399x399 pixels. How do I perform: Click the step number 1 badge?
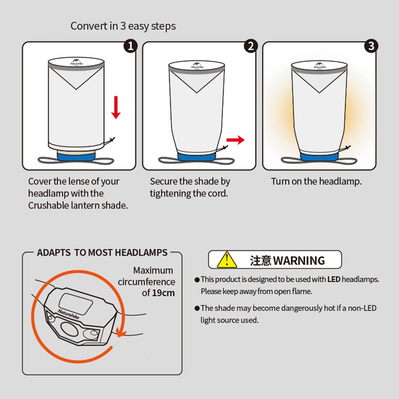pos(130,46)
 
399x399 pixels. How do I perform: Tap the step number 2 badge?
pos(251,46)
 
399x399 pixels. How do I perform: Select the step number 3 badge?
pos(371,46)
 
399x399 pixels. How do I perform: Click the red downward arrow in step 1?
pos(116,107)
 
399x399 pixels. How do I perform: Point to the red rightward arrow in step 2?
pos(235,140)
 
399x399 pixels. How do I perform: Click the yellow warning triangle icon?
pos(227,260)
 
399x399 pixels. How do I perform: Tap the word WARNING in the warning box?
pos(299,261)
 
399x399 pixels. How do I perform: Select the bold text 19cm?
pos(163,293)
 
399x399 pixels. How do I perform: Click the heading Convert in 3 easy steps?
pos(123,26)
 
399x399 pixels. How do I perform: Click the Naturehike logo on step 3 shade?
pos(320,66)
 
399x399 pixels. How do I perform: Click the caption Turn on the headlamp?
pos(316,182)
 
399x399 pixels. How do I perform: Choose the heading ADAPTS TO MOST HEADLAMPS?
pos(102,253)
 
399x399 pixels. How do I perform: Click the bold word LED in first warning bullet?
pos(334,279)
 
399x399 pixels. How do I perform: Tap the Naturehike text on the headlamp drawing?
pos(69,314)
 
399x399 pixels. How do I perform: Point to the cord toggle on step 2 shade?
pos(224,148)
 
